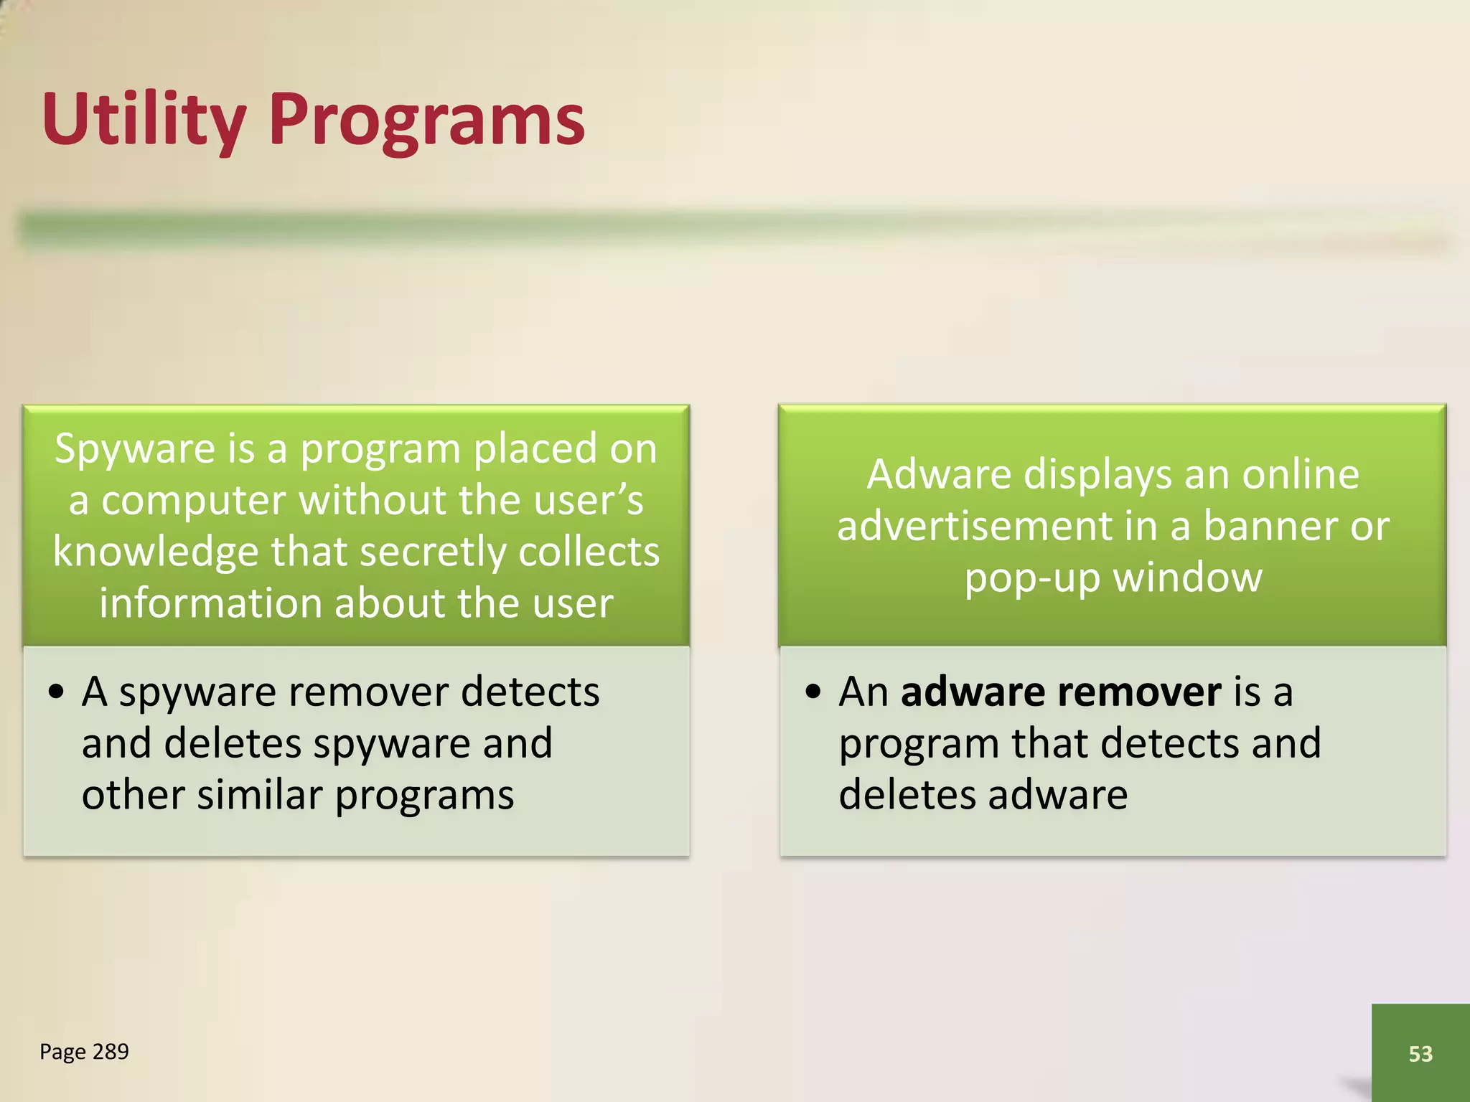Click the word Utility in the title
tap(144, 118)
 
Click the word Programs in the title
tap(426, 118)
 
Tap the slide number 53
tap(1420, 1053)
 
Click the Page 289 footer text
tap(84, 1051)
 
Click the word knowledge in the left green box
tap(155, 552)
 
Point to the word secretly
tap(434, 552)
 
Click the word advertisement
tap(974, 526)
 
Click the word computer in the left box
tap(194, 501)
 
